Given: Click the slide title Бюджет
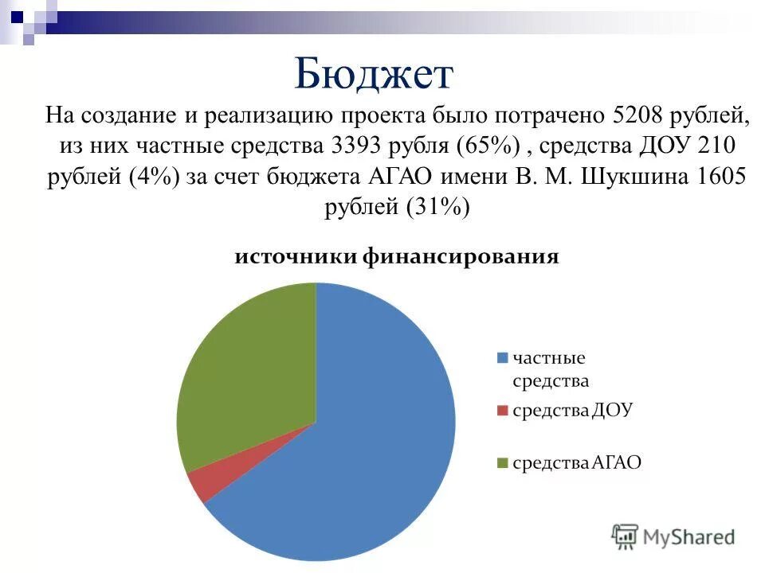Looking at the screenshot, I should [x=373, y=74].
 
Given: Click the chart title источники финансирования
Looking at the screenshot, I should [x=395, y=257].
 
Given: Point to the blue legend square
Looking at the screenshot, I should [x=502, y=358].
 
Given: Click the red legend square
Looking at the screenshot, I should [x=502, y=411].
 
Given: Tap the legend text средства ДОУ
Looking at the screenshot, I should [x=572, y=411].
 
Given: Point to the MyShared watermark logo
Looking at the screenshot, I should [x=673, y=536].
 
